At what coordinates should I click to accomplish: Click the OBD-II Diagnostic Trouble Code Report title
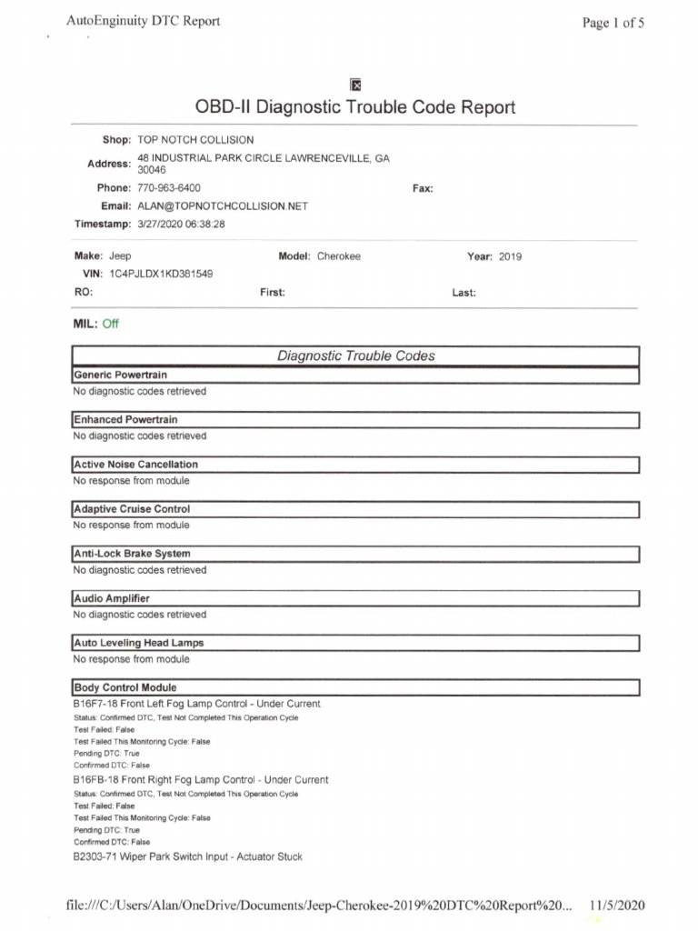point(355,107)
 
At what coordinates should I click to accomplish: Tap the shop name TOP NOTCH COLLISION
point(195,140)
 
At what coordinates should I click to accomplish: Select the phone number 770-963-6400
point(168,188)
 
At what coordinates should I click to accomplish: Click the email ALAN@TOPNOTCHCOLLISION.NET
point(223,206)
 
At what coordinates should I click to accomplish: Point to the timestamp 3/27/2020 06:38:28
point(181,224)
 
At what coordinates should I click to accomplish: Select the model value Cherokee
point(339,256)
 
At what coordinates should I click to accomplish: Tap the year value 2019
point(510,256)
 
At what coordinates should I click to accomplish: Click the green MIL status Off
point(111,324)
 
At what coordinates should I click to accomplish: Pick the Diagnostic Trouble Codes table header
point(355,356)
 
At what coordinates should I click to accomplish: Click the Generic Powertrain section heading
point(120,375)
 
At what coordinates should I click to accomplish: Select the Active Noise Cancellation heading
point(135,465)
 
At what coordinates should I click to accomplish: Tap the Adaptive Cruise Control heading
point(132,509)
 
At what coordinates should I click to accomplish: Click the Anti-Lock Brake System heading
point(132,554)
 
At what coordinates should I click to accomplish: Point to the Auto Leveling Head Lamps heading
point(138,643)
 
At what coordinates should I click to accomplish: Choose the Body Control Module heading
point(125,687)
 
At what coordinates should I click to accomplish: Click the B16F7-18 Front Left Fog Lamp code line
point(196,704)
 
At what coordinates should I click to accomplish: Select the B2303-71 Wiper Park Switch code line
point(187,856)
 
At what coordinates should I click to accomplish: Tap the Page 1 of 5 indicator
point(613,24)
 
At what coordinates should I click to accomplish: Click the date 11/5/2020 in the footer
point(617,906)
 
